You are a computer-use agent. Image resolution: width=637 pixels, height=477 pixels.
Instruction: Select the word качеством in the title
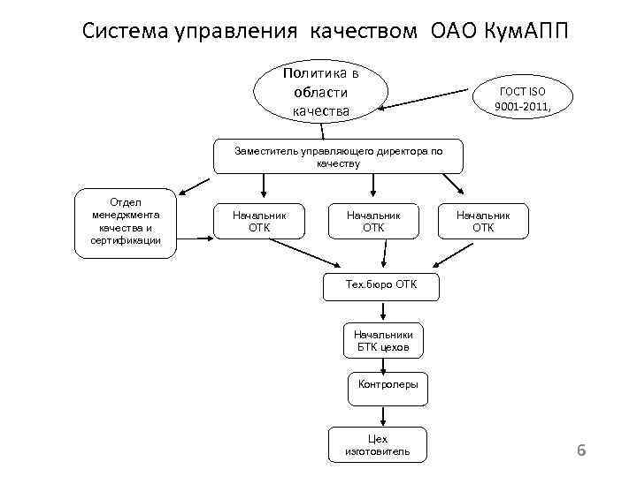tap(363, 30)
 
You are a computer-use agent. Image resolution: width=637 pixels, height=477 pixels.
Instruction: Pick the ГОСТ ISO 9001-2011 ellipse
tap(524, 100)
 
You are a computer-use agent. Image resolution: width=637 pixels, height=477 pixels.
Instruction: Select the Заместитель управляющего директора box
tap(338, 156)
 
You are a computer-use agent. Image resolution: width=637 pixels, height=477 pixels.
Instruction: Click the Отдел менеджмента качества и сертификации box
tap(126, 222)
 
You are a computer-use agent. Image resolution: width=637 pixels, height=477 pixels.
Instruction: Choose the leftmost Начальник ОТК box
tap(259, 221)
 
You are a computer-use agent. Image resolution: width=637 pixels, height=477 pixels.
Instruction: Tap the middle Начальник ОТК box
tap(373, 221)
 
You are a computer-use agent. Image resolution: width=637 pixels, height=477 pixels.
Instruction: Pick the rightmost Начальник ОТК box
tap(483, 221)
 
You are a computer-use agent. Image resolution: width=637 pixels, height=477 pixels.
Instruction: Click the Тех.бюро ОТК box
tap(381, 284)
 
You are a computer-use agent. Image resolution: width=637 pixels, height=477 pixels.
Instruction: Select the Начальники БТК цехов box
tap(383, 341)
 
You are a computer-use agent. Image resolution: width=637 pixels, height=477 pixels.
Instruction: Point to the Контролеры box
tap(388, 385)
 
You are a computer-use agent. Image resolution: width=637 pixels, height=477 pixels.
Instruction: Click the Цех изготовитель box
tap(378, 444)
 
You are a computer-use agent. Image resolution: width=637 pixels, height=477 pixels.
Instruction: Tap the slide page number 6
tap(581, 451)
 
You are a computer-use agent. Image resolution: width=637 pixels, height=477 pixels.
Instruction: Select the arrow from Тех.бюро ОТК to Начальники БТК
tap(382, 310)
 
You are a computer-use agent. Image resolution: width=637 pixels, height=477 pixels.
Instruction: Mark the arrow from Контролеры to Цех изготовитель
tap(382, 413)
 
